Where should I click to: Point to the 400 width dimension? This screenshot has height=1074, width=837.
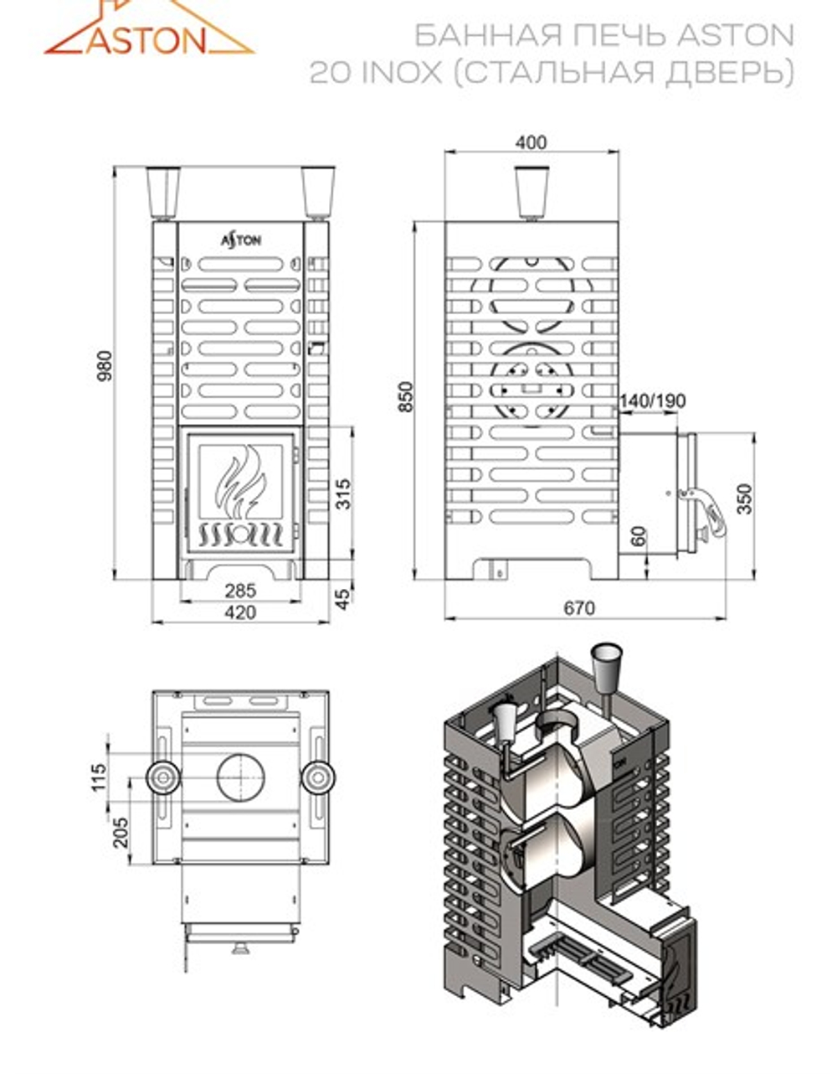pos(531,142)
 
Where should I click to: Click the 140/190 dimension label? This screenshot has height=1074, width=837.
pos(652,400)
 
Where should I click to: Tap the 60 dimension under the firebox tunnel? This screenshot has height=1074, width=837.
pos(639,537)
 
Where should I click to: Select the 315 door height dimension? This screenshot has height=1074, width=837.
pos(341,494)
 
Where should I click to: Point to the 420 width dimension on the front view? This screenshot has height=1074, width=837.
pos(240,612)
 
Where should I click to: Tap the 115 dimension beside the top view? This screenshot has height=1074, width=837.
pos(100,777)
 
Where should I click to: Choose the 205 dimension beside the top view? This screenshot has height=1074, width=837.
pos(122,832)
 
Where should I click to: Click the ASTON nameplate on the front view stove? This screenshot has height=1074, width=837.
pos(241,240)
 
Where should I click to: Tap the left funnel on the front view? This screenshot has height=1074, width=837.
pos(162,194)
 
